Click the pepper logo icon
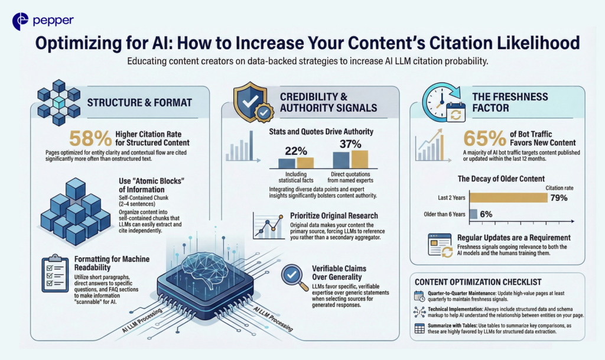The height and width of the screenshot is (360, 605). click(20, 21)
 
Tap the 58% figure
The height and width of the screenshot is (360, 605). click(90, 138)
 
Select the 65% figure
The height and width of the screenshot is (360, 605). click(484, 138)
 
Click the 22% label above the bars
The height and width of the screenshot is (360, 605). click(296, 151)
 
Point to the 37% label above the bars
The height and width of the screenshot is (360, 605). click(350, 144)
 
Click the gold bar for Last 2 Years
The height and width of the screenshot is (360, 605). click(509, 197)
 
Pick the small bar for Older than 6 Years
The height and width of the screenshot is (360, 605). click(473, 214)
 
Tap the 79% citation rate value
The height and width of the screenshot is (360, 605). click(559, 198)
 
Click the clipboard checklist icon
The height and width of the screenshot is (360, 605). click(55, 273)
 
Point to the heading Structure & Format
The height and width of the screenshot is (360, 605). click(139, 103)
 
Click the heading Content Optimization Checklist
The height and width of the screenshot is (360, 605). click(478, 282)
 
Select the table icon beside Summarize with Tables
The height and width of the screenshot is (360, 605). click(419, 328)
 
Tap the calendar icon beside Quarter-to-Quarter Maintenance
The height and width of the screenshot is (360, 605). click(419, 296)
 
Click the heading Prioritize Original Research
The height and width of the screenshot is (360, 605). click(334, 216)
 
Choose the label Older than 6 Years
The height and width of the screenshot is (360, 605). click(444, 214)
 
